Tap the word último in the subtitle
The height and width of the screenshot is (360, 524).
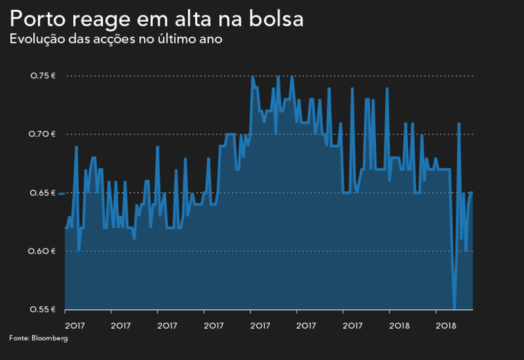[179, 39]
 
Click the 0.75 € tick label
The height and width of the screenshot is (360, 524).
[43, 76]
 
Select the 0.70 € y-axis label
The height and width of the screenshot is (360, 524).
[43, 134]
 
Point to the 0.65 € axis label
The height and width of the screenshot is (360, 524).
[43, 193]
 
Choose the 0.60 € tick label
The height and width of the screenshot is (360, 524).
[43, 251]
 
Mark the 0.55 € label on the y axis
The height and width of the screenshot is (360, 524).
[43, 309]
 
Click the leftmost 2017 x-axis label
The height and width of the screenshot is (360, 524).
[75, 325]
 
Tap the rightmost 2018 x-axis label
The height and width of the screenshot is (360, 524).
[446, 325]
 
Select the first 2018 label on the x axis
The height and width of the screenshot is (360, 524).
[399, 325]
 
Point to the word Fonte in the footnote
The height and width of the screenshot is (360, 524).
[19, 338]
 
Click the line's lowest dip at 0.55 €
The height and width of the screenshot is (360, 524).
[454, 309]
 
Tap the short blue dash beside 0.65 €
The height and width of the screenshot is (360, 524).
[61, 193]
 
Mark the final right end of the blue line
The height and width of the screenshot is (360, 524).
[473, 192]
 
